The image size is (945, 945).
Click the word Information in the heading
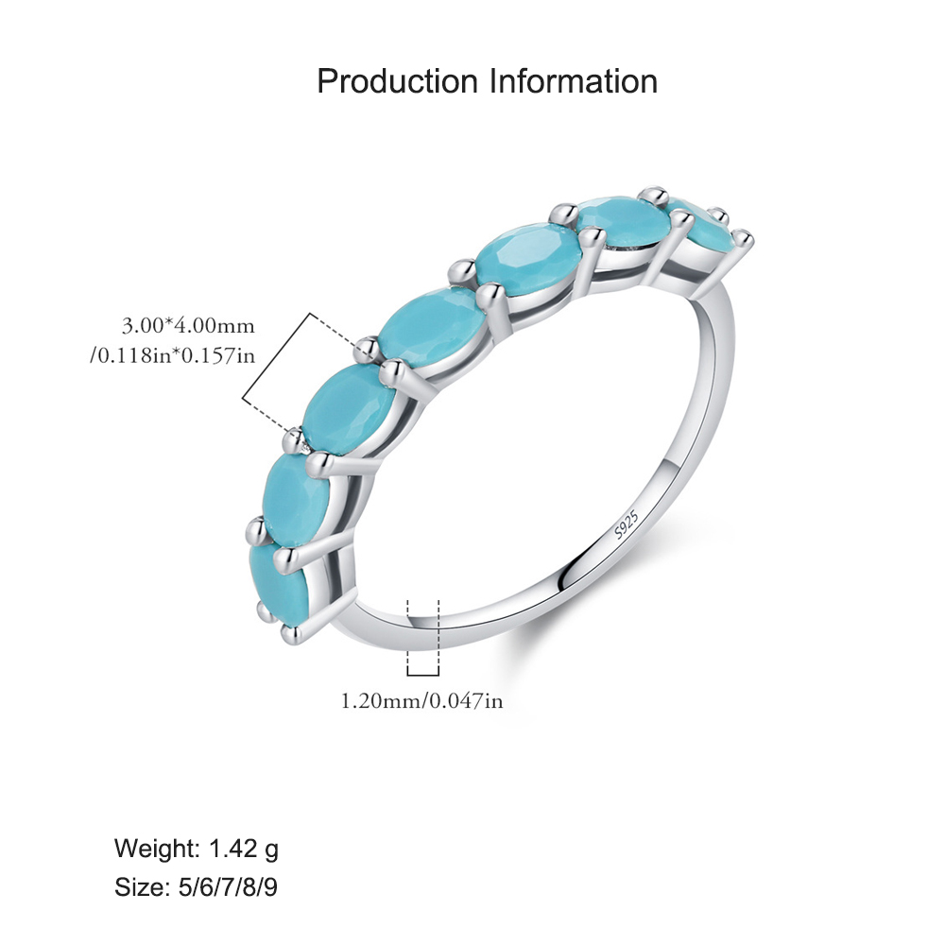click(574, 81)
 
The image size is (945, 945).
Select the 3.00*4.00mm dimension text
click(188, 326)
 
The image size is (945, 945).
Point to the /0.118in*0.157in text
click(173, 355)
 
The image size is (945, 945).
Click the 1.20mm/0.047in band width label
click(421, 701)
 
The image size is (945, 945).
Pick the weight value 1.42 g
click(244, 849)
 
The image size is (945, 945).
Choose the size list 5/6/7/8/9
click(229, 887)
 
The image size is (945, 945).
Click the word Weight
click(157, 849)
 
